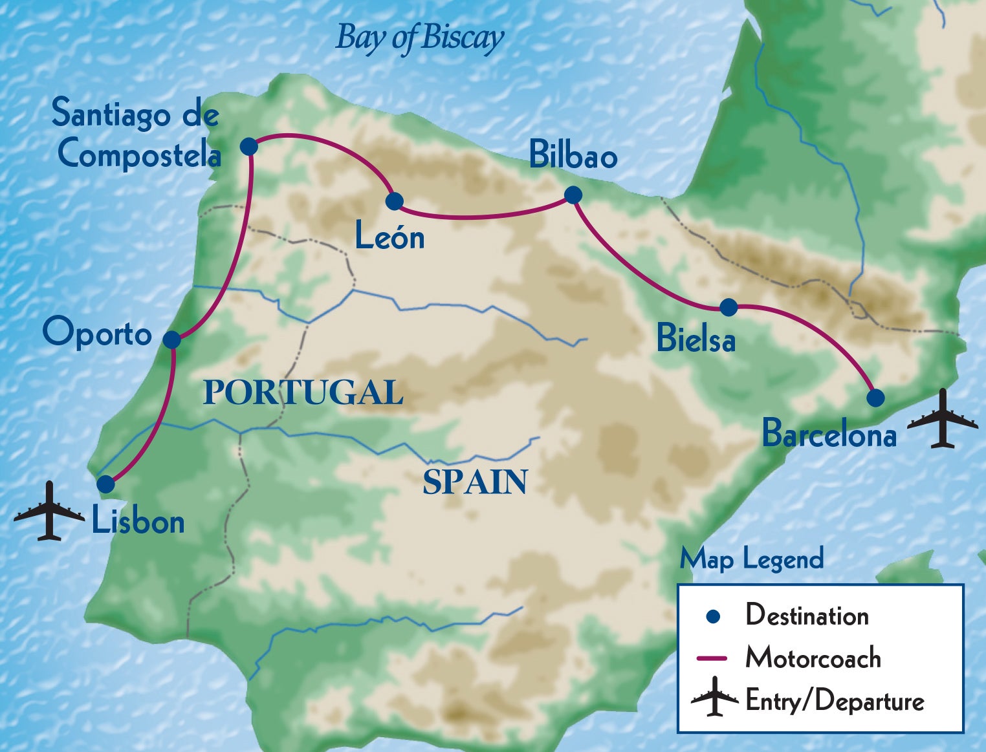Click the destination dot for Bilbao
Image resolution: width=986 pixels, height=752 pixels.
(573, 195)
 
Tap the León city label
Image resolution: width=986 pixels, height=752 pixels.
(389, 237)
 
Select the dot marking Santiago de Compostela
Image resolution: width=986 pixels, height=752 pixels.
(249, 146)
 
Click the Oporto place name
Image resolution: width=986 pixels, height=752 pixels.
(97, 332)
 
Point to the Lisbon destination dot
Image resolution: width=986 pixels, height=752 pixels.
(105, 484)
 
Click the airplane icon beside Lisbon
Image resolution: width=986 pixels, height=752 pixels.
(49, 511)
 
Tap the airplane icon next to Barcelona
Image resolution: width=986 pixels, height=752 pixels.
(943, 419)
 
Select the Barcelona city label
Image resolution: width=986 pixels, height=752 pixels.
(829, 433)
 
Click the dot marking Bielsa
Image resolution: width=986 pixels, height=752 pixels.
(729, 307)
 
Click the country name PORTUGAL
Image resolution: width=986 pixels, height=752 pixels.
(303, 392)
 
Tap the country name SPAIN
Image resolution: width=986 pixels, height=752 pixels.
(475, 482)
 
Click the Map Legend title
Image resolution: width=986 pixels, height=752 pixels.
(751, 559)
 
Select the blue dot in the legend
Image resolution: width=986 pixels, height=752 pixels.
(713, 616)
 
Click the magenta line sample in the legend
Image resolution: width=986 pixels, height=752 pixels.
(712, 658)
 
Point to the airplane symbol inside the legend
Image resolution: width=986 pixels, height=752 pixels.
(714, 697)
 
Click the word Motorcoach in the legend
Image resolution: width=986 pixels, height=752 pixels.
(813, 658)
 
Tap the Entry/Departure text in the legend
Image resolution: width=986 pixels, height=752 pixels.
(835, 701)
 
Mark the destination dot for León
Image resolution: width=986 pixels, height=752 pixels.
(394, 201)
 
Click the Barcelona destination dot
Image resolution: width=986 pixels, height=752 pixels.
(875, 398)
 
